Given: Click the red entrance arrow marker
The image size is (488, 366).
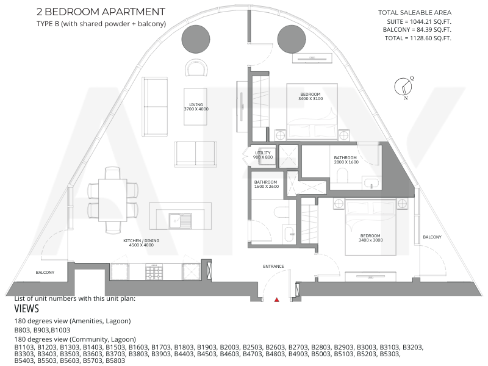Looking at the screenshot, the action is coord(276,300).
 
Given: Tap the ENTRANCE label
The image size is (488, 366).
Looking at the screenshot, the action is coord(273,267).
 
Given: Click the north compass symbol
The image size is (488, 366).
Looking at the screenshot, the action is coord(404,87).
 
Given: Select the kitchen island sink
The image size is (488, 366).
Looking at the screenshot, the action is coord(181,221).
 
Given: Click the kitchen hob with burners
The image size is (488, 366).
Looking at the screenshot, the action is coord(154,271).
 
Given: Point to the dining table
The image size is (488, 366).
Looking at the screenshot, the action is coord(112,200).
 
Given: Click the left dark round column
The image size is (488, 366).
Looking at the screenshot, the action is coord(196,39).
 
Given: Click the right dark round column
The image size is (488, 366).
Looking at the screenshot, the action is coord(292,39).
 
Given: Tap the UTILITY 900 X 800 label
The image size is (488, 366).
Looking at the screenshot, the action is coord(263,155).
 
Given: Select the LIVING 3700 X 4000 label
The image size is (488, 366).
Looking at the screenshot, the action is coord(196,107).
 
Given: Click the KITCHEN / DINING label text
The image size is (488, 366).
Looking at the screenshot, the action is coord(142,240).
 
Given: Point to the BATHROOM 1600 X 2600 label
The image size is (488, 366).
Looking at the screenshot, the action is coord(267,184).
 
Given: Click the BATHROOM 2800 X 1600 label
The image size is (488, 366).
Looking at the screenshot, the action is coord(346,160).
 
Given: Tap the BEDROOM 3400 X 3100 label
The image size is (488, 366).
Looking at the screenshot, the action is coord(310,96).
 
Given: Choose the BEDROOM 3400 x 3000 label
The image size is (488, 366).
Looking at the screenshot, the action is coord(370,238).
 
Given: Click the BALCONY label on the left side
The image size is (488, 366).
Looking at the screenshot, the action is coord(45,272).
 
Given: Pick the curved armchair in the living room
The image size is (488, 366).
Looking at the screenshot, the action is coord(196,68).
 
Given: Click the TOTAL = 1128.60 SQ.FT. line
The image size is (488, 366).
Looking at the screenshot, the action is coord(418,38).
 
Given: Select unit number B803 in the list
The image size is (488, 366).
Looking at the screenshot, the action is coord(23,330).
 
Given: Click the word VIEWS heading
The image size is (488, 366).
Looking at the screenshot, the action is coord(26,309).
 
